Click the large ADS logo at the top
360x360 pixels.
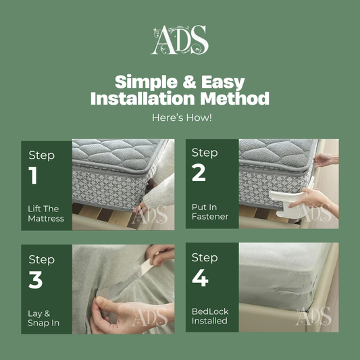pyautogui.click(x=180, y=40)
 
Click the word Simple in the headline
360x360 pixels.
pyautogui.click(x=147, y=82)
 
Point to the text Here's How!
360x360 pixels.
pyautogui.click(x=182, y=118)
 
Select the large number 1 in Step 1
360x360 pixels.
pyautogui.click(x=33, y=175)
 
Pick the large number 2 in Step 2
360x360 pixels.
pyautogui.click(x=199, y=173)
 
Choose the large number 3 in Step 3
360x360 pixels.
pyautogui.click(x=36, y=280)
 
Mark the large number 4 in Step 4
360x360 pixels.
pyautogui.click(x=200, y=278)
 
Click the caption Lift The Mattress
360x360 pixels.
pyautogui.click(x=46, y=213)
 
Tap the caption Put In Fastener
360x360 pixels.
pyautogui.click(x=210, y=211)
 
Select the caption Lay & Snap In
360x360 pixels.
pyautogui.click(x=43, y=318)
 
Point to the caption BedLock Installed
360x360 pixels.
pyautogui.click(x=210, y=316)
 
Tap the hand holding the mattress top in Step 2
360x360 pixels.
pyautogui.click(x=326, y=160)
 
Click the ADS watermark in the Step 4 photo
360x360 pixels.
pyautogui.click(x=313, y=316)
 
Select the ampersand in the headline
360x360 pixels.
pyautogui.click(x=189, y=82)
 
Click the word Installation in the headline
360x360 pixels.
pyautogui.click(x=143, y=98)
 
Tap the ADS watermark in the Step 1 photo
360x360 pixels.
pyautogui.click(x=149, y=215)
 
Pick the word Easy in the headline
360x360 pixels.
pyautogui.click(x=223, y=82)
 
